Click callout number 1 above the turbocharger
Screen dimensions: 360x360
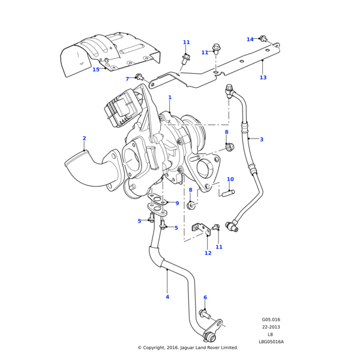point(170,97)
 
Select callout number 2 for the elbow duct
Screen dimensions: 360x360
point(84,139)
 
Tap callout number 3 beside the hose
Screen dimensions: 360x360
point(261,140)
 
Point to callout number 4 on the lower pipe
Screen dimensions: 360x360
point(167,297)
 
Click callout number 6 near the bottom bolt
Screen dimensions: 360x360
point(205,298)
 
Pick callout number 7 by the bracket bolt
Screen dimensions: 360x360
point(127,79)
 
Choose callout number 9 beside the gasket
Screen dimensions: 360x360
point(177,203)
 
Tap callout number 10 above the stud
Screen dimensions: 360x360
point(230,179)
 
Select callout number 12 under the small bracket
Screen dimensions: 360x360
point(208,253)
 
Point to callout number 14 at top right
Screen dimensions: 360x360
point(250,40)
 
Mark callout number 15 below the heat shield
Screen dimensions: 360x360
point(96,70)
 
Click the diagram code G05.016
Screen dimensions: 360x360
point(271,320)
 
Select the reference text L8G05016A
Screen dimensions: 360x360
point(271,342)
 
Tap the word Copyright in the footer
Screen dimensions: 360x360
point(157,347)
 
